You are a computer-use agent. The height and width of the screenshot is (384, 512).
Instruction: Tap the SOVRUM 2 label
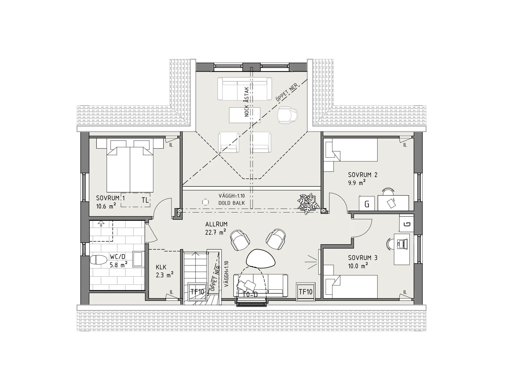363,175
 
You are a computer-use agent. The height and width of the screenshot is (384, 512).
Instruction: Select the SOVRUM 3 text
363,258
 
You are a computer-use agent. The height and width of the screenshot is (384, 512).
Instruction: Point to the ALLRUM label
216,224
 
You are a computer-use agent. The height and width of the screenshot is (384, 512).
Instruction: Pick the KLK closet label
161,267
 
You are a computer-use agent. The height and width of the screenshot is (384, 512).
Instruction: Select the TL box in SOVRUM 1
135,200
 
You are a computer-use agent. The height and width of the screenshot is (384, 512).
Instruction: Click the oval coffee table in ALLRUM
261,258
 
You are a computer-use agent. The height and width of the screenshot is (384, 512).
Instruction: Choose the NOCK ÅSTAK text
247,102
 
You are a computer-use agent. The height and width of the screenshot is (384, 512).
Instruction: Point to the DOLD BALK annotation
231,203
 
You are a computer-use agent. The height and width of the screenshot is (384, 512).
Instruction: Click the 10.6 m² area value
106,206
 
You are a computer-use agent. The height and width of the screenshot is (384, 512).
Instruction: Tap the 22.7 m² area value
215,232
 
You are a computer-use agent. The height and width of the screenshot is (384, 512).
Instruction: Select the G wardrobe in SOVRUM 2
367,203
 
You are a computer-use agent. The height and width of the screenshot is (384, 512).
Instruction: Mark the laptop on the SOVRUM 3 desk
402,244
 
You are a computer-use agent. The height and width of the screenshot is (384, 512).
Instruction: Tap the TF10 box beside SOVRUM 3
306,292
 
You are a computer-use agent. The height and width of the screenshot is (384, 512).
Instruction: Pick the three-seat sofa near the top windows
245,89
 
